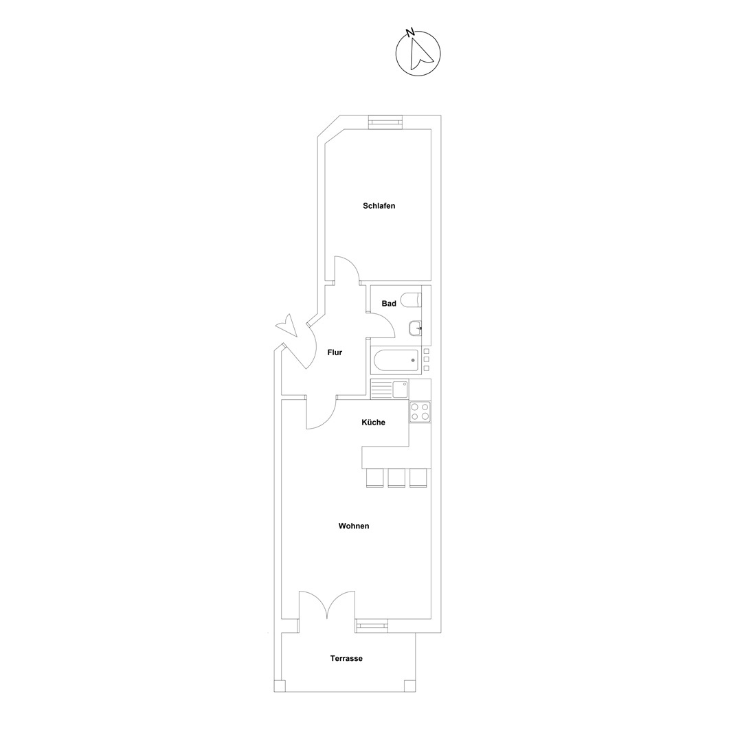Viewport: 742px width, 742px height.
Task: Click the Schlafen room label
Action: click(x=379, y=206)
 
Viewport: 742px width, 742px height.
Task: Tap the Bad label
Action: click(x=389, y=304)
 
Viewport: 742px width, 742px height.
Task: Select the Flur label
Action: click(x=335, y=352)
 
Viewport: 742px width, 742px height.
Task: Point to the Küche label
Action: click(x=373, y=422)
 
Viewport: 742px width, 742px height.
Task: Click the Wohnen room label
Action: click(x=354, y=526)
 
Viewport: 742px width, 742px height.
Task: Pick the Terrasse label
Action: click(x=346, y=658)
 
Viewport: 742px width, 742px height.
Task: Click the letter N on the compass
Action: click(x=409, y=33)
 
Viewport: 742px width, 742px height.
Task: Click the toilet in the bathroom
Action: click(x=410, y=300)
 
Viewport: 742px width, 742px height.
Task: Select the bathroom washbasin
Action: click(x=415, y=328)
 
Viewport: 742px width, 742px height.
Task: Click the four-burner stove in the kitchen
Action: click(x=420, y=412)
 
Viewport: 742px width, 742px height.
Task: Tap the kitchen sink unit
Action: click(x=390, y=390)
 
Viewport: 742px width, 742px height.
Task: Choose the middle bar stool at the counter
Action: click(x=396, y=477)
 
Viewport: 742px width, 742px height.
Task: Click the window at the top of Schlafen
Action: click(x=385, y=122)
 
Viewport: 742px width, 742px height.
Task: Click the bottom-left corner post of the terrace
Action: click(x=280, y=686)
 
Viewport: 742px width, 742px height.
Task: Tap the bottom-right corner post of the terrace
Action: click(x=409, y=686)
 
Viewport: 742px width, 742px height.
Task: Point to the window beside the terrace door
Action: click(x=372, y=626)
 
